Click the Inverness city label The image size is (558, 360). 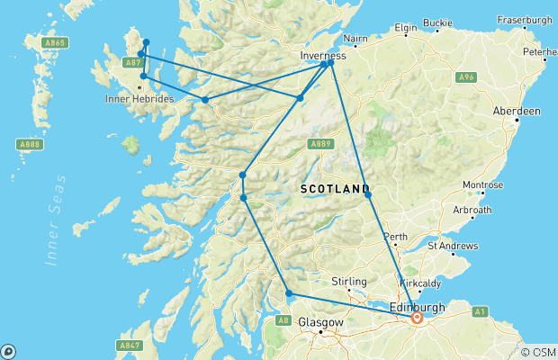click(x=322, y=55)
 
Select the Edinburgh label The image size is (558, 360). click(x=418, y=307)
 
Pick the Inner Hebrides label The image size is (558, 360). click(x=139, y=98)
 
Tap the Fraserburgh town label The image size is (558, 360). click(x=523, y=18)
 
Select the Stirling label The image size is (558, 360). click(x=348, y=281)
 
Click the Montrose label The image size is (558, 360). click(x=482, y=184)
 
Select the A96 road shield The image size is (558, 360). click(x=464, y=77)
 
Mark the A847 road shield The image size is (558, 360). click(x=130, y=345)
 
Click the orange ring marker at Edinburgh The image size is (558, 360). click(x=417, y=318)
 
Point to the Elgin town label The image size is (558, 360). click(x=409, y=29)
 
